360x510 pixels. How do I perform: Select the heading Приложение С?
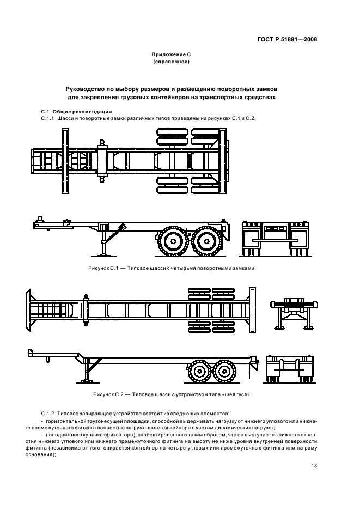[171, 55]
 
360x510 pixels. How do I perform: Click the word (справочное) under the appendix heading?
[171, 62]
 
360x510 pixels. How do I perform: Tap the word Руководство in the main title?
[87, 88]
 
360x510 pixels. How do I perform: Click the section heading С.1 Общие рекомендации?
[77, 112]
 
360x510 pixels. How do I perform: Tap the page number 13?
[314, 465]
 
